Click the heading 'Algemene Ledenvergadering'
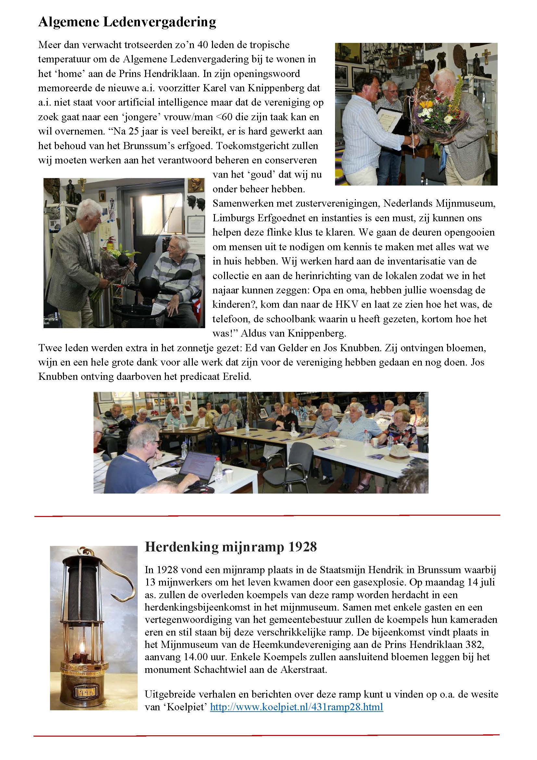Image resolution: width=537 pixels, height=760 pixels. pyautogui.click(x=127, y=22)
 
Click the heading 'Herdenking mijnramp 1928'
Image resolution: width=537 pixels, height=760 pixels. pyautogui.click(x=231, y=547)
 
